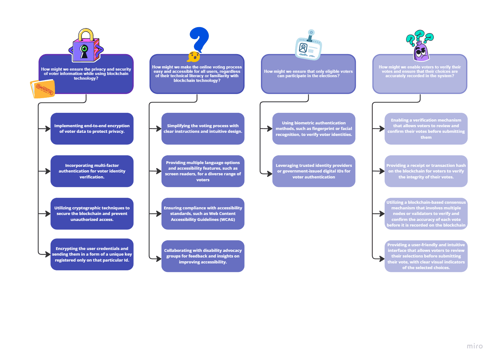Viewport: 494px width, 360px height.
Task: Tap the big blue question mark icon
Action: pos(199,40)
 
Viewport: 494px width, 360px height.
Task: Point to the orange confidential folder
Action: pos(42,89)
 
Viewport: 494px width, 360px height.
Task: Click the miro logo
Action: pos(474,346)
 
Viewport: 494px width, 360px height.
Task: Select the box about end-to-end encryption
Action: pos(92,129)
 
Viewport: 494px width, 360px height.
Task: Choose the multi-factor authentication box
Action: pos(92,171)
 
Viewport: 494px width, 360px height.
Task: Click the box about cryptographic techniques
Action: pos(92,214)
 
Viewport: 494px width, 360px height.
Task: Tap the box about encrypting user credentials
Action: pos(92,254)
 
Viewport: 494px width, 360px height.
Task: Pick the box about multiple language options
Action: pos(203,171)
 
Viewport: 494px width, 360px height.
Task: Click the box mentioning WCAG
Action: pos(203,214)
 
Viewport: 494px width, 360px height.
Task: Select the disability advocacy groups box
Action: pos(203,256)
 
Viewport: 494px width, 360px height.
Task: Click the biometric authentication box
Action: pos(314,129)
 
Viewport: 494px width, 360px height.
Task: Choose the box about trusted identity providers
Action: pos(314,171)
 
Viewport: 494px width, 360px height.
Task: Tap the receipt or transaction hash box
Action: pos(426,171)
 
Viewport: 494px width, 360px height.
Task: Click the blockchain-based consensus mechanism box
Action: pos(426,214)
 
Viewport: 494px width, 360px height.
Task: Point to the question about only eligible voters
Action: pos(308,74)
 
